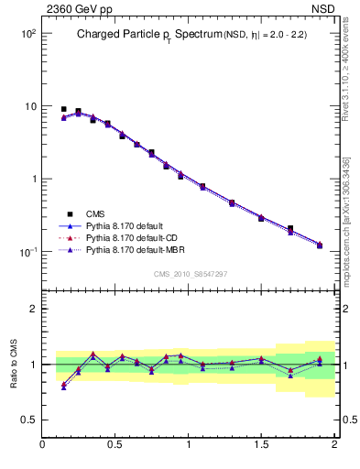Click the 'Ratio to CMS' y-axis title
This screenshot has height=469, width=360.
(x=13, y=365)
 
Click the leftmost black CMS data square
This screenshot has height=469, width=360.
(x=63, y=109)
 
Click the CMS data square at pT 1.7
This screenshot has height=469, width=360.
(x=290, y=229)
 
